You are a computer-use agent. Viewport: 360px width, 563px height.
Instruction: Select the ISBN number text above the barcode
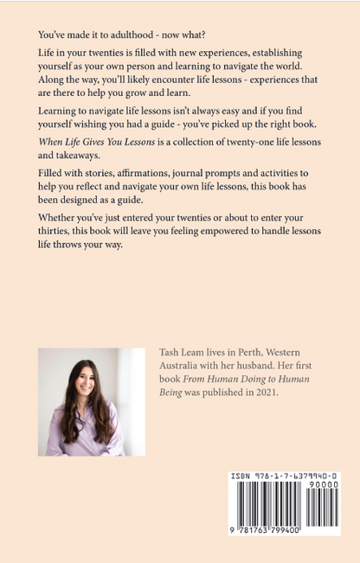285,477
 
